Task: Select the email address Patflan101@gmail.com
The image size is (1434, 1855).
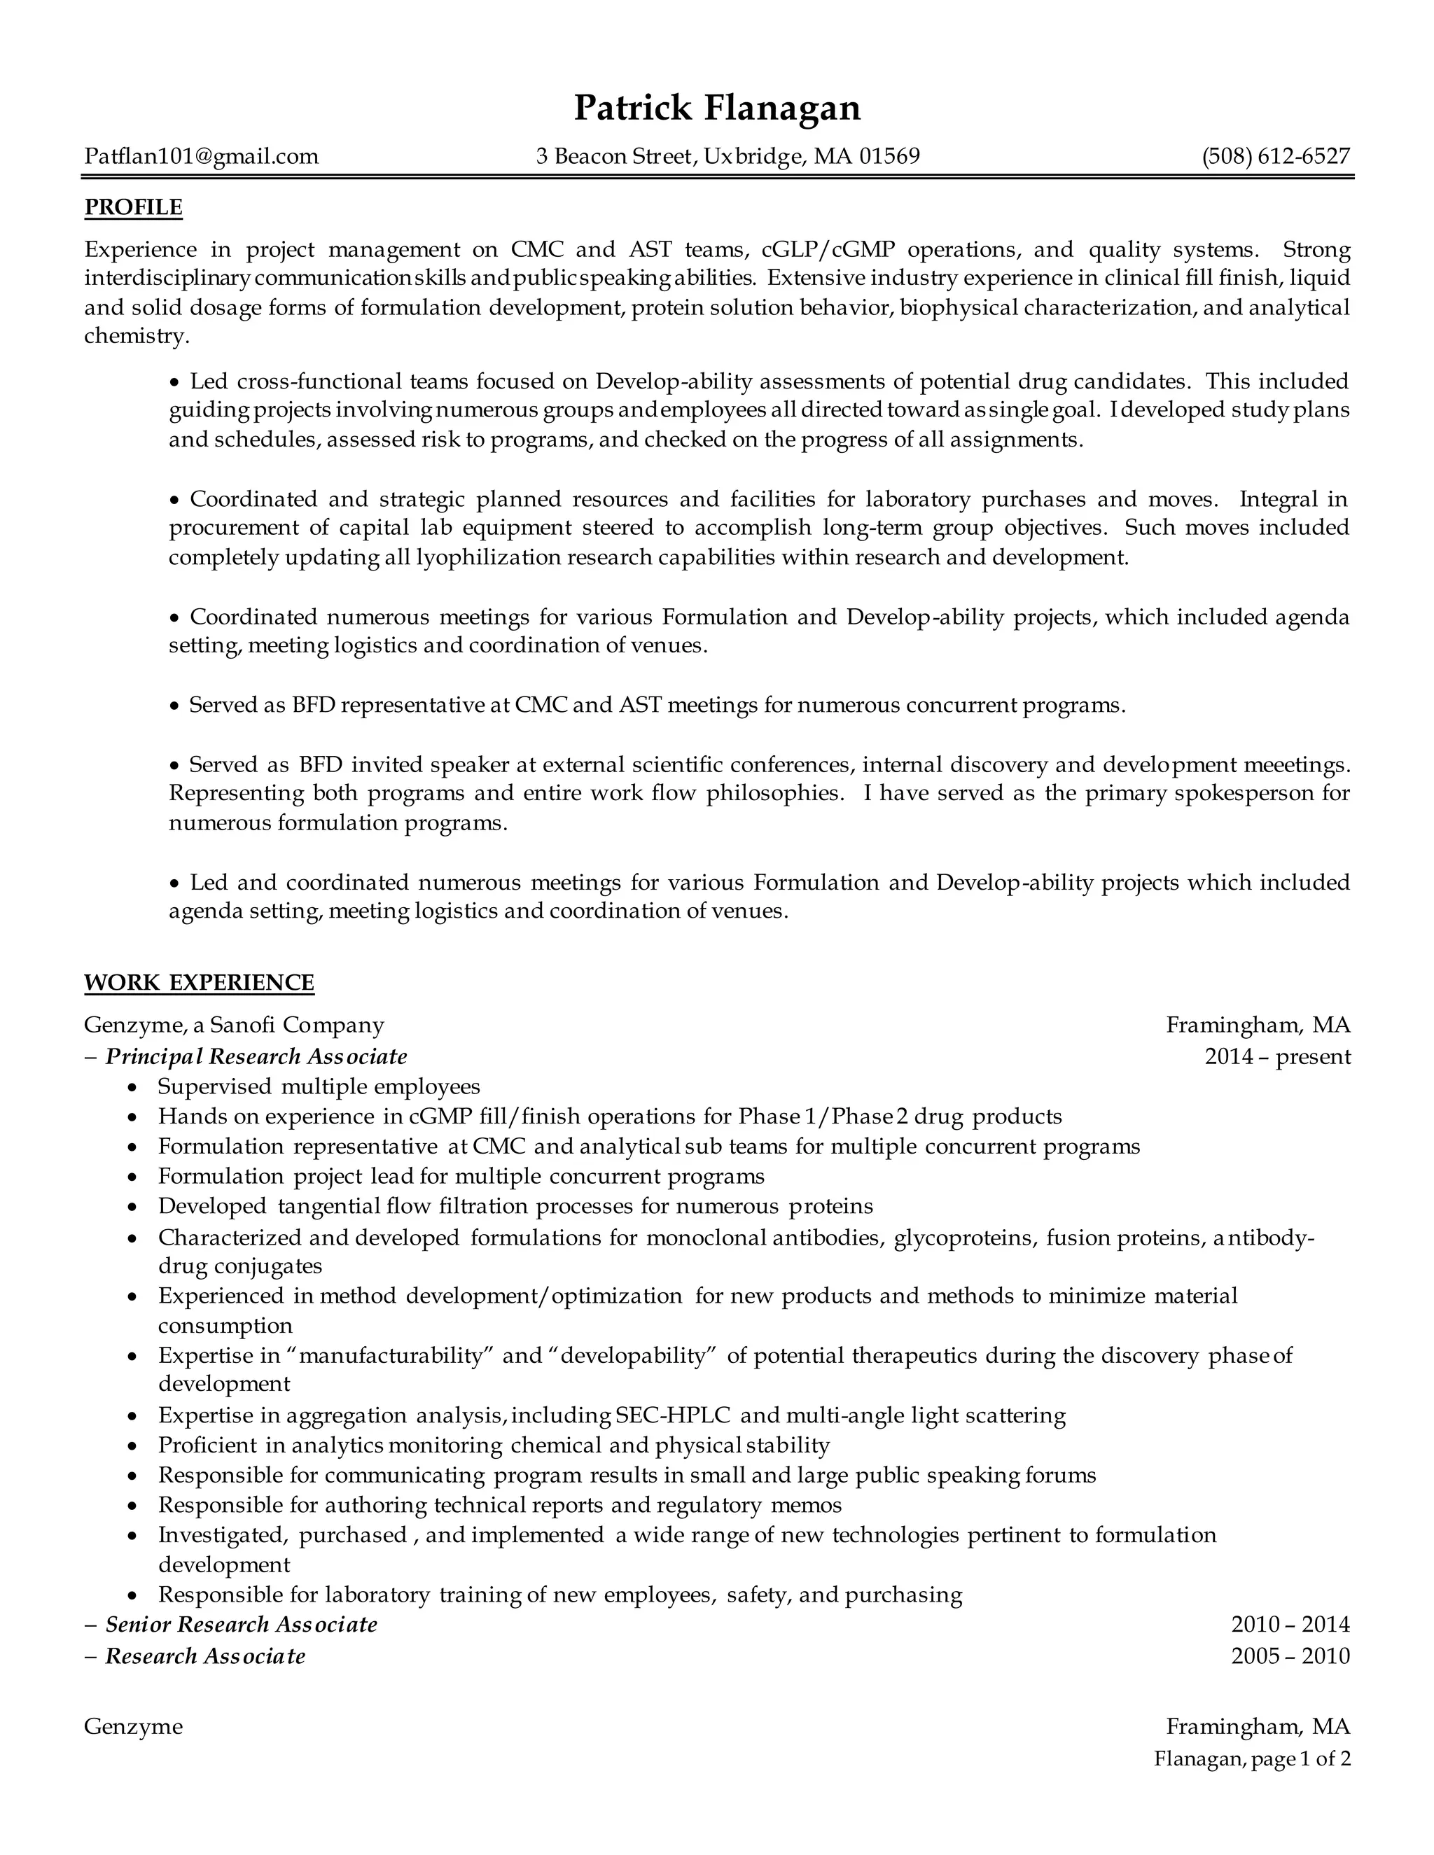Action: click(x=202, y=156)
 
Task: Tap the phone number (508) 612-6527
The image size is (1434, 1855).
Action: click(x=1275, y=156)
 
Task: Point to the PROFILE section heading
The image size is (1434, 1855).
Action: click(x=133, y=207)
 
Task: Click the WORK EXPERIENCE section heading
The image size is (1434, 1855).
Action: click(x=199, y=983)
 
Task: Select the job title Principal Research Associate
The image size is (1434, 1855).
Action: click(x=256, y=1056)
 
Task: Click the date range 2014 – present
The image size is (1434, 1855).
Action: click(x=1277, y=1056)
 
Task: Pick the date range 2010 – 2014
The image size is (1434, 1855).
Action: click(x=1290, y=1625)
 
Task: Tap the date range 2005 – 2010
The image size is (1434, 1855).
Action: click(x=1290, y=1656)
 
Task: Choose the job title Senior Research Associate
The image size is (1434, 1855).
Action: click(x=242, y=1625)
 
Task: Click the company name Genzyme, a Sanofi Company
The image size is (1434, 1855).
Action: click(x=235, y=1025)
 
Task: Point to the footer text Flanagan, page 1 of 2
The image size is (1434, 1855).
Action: click(x=1251, y=1758)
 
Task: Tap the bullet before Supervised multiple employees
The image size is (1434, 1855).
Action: click(x=132, y=1088)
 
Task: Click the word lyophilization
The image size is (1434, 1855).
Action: click(x=487, y=558)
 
